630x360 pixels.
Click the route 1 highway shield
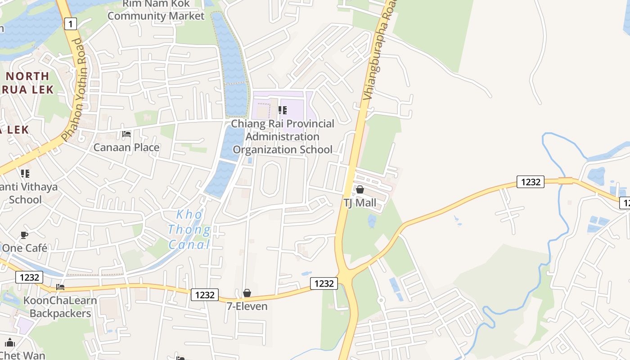pyautogui.click(x=70, y=23)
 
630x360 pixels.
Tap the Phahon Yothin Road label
pyautogui.click(x=73, y=90)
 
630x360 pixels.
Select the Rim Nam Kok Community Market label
pyautogui.click(x=156, y=10)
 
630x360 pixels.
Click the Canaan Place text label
pyautogui.click(x=126, y=147)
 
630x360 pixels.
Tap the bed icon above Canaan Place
pyautogui.click(x=126, y=134)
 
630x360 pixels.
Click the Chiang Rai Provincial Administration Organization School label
pyautogui.click(x=283, y=136)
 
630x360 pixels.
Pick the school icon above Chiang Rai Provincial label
pyautogui.click(x=283, y=110)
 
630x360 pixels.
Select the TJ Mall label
pyautogui.click(x=360, y=203)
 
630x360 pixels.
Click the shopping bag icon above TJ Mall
pyautogui.click(x=360, y=190)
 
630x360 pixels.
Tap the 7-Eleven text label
pyautogui.click(x=247, y=306)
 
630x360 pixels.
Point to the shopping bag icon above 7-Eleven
pyautogui.click(x=247, y=293)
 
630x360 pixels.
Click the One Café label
pyautogui.click(x=25, y=248)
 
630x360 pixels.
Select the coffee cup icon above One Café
pyautogui.click(x=25, y=235)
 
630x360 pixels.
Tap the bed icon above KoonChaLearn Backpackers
pyautogui.click(x=60, y=287)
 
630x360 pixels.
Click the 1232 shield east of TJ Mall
pyautogui.click(x=530, y=182)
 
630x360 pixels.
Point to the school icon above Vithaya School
pyautogui.click(x=25, y=173)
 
